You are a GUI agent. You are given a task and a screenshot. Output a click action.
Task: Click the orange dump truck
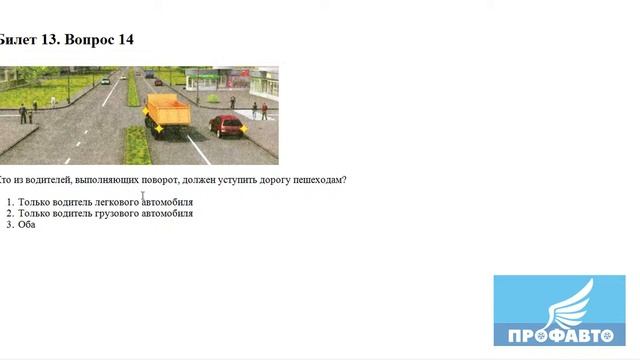point(166,112)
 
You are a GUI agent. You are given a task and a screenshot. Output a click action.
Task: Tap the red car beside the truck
point(228,126)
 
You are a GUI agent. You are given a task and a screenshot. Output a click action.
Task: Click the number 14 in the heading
point(125,40)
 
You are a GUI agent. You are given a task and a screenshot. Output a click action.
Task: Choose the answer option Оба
point(27,224)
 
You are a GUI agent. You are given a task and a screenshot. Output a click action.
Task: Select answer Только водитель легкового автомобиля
point(105,202)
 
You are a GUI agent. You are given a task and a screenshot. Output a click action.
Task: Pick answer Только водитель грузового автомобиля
point(105,213)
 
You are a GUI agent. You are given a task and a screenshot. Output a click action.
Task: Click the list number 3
point(9,224)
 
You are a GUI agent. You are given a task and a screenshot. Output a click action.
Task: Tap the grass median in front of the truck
point(137,146)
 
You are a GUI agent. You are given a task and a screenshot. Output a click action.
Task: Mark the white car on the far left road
point(105,80)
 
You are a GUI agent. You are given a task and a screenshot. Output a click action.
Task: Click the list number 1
point(9,202)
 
